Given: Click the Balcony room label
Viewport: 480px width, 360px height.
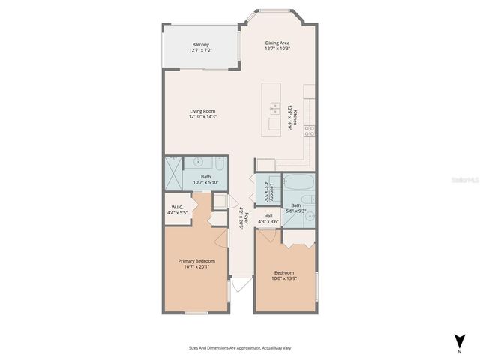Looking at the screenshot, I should coord(200,44).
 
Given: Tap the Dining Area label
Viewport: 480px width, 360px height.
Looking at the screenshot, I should coord(277,43).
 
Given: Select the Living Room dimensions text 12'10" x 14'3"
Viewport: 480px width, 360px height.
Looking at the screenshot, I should coord(202,116).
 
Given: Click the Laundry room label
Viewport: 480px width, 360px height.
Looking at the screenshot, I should coord(268,192).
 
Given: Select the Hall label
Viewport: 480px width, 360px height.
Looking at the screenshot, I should coord(268,216).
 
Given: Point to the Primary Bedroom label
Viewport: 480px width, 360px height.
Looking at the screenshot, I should coord(195,260).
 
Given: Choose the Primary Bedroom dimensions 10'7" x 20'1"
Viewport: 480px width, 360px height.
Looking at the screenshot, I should coord(195,266).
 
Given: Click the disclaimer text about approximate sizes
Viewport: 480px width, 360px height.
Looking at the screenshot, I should coord(239,348).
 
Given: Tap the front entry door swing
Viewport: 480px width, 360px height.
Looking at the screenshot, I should coord(240,285).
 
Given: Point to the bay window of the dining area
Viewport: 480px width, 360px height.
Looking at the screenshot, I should coord(278,12).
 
